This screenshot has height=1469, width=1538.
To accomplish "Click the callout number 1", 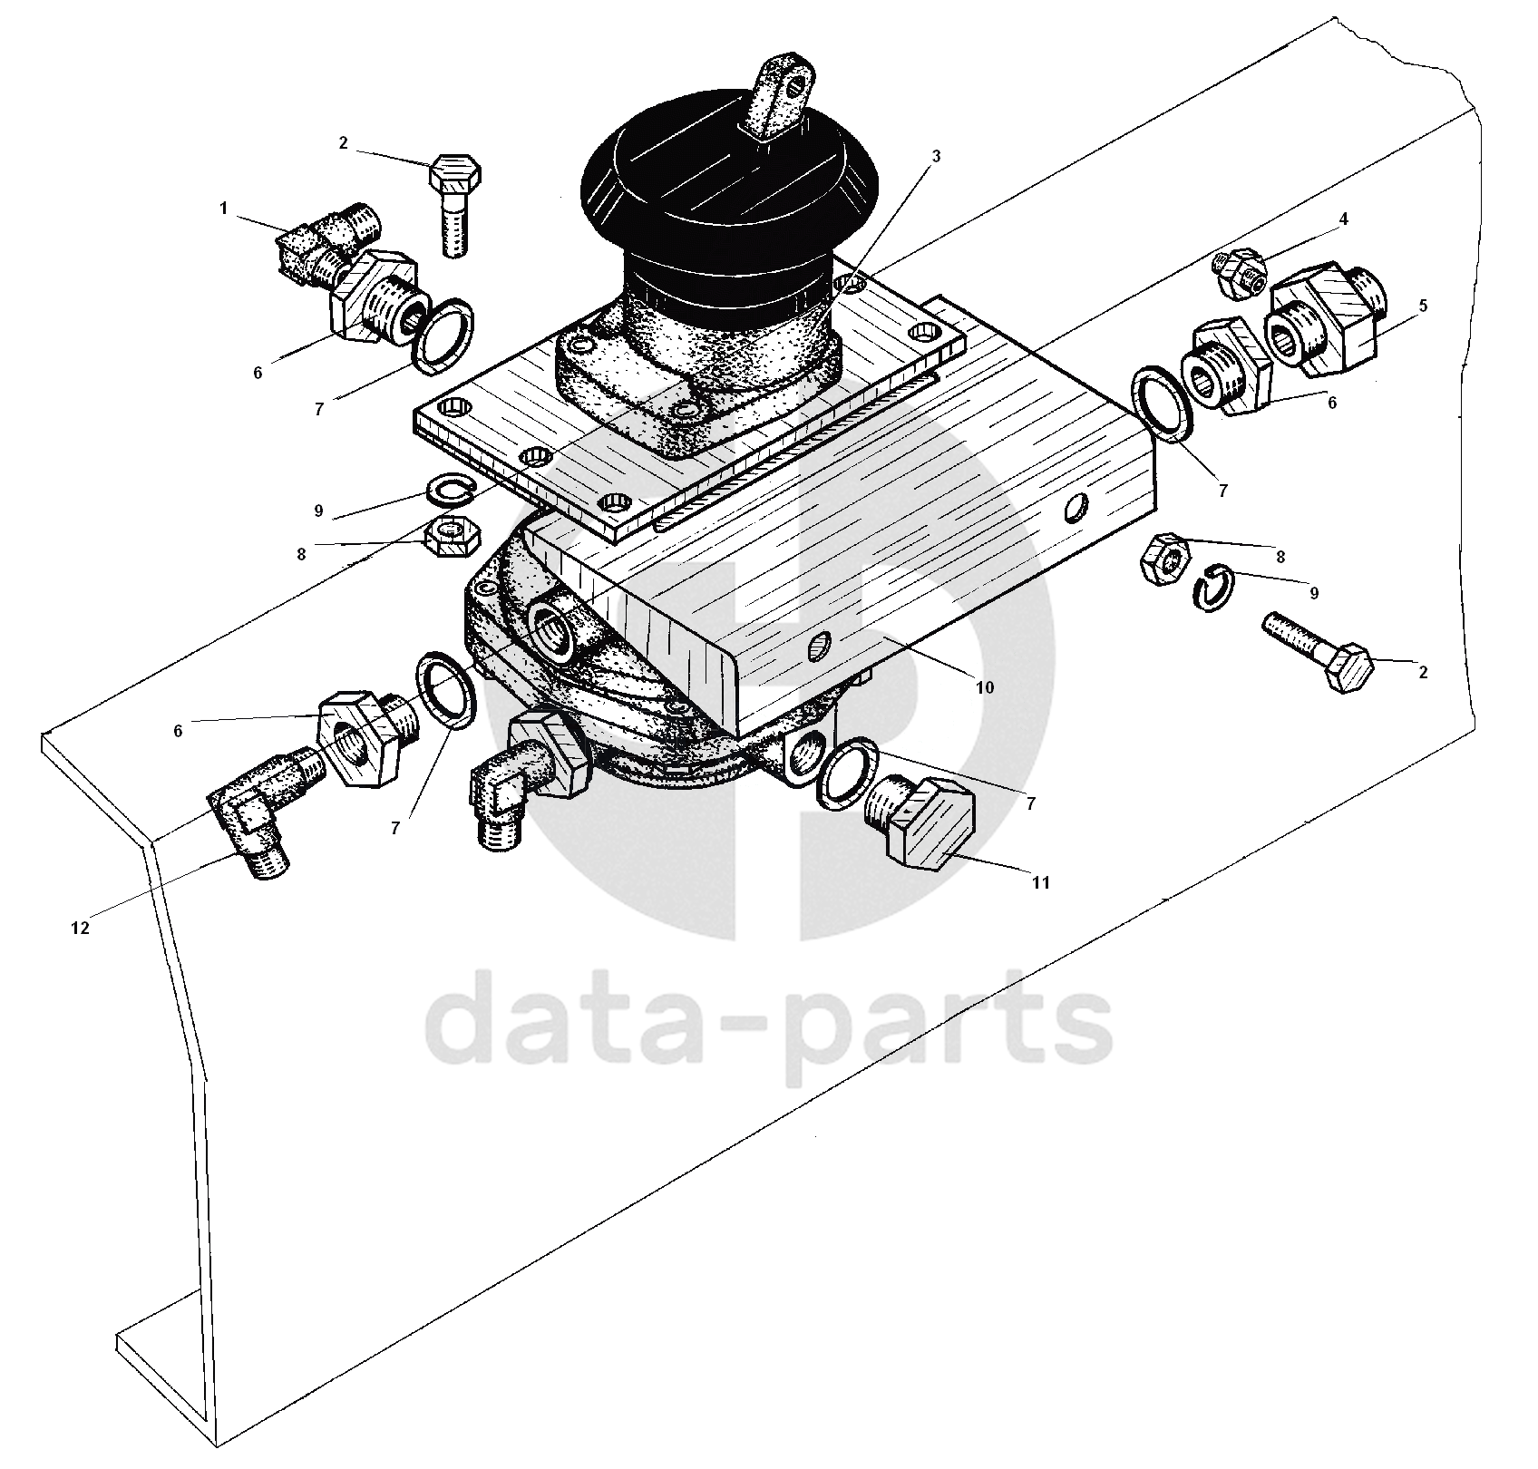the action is coord(223,209).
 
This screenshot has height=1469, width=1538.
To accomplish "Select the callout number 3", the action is coord(936,156).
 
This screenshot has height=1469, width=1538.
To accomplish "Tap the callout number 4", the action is coord(1344,219).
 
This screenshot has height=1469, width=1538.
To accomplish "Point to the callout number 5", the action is coord(1423,306).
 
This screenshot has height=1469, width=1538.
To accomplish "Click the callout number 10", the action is coord(985,687).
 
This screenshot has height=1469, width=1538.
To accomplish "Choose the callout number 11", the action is coord(1041,881).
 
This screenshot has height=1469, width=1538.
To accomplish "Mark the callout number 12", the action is coord(81,928).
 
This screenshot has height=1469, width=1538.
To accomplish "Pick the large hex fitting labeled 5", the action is coord(1326,319).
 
